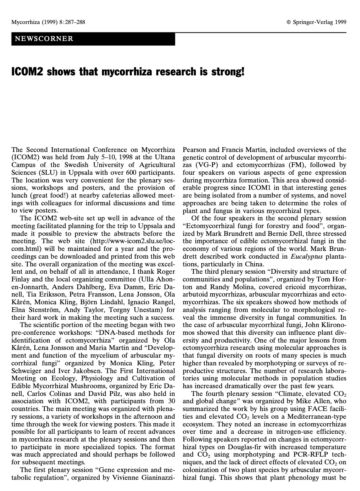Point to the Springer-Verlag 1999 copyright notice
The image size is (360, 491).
tap(316, 22)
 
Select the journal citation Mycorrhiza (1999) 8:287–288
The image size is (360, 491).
tap(48, 22)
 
